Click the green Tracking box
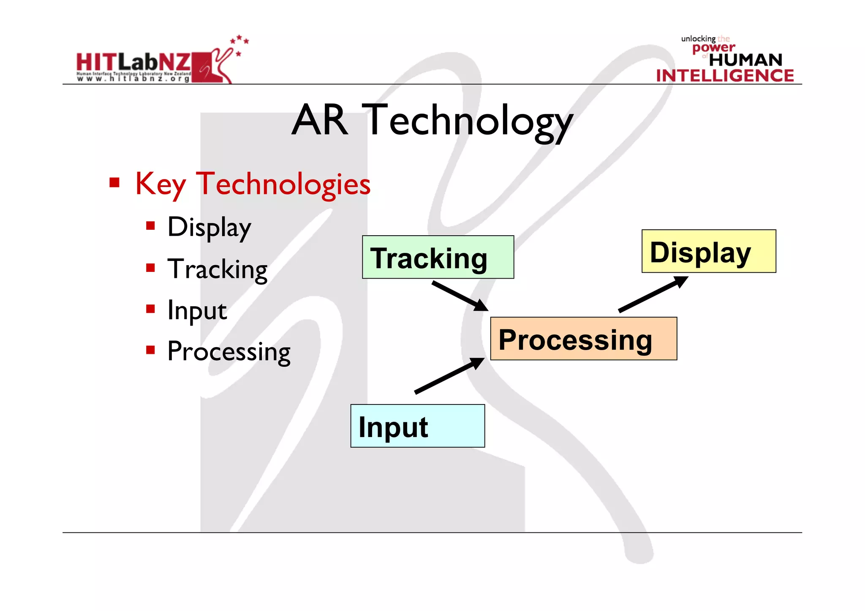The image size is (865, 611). pyautogui.click(x=438, y=257)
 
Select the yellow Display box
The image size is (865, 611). pyautogui.click(x=708, y=251)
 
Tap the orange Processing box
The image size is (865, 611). pyautogui.click(x=583, y=339)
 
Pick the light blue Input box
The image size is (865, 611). pyautogui.click(x=417, y=426)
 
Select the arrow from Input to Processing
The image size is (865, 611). pyautogui.click(x=449, y=375)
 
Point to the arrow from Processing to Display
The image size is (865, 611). pyautogui.click(x=653, y=294)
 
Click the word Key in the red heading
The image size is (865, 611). pyautogui.click(x=160, y=185)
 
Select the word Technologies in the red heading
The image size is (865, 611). pyautogui.click(x=283, y=185)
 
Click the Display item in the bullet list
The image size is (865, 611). pyautogui.click(x=209, y=228)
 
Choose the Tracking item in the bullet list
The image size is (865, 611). pyautogui.click(x=217, y=269)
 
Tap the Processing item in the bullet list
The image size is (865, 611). pyautogui.click(x=228, y=351)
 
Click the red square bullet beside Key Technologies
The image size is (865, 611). pyautogui.click(x=114, y=183)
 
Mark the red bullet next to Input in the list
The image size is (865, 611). pyautogui.click(x=150, y=309)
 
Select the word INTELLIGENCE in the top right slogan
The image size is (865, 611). pyautogui.click(x=725, y=76)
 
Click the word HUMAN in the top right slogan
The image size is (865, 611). pyautogui.click(x=745, y=60)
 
